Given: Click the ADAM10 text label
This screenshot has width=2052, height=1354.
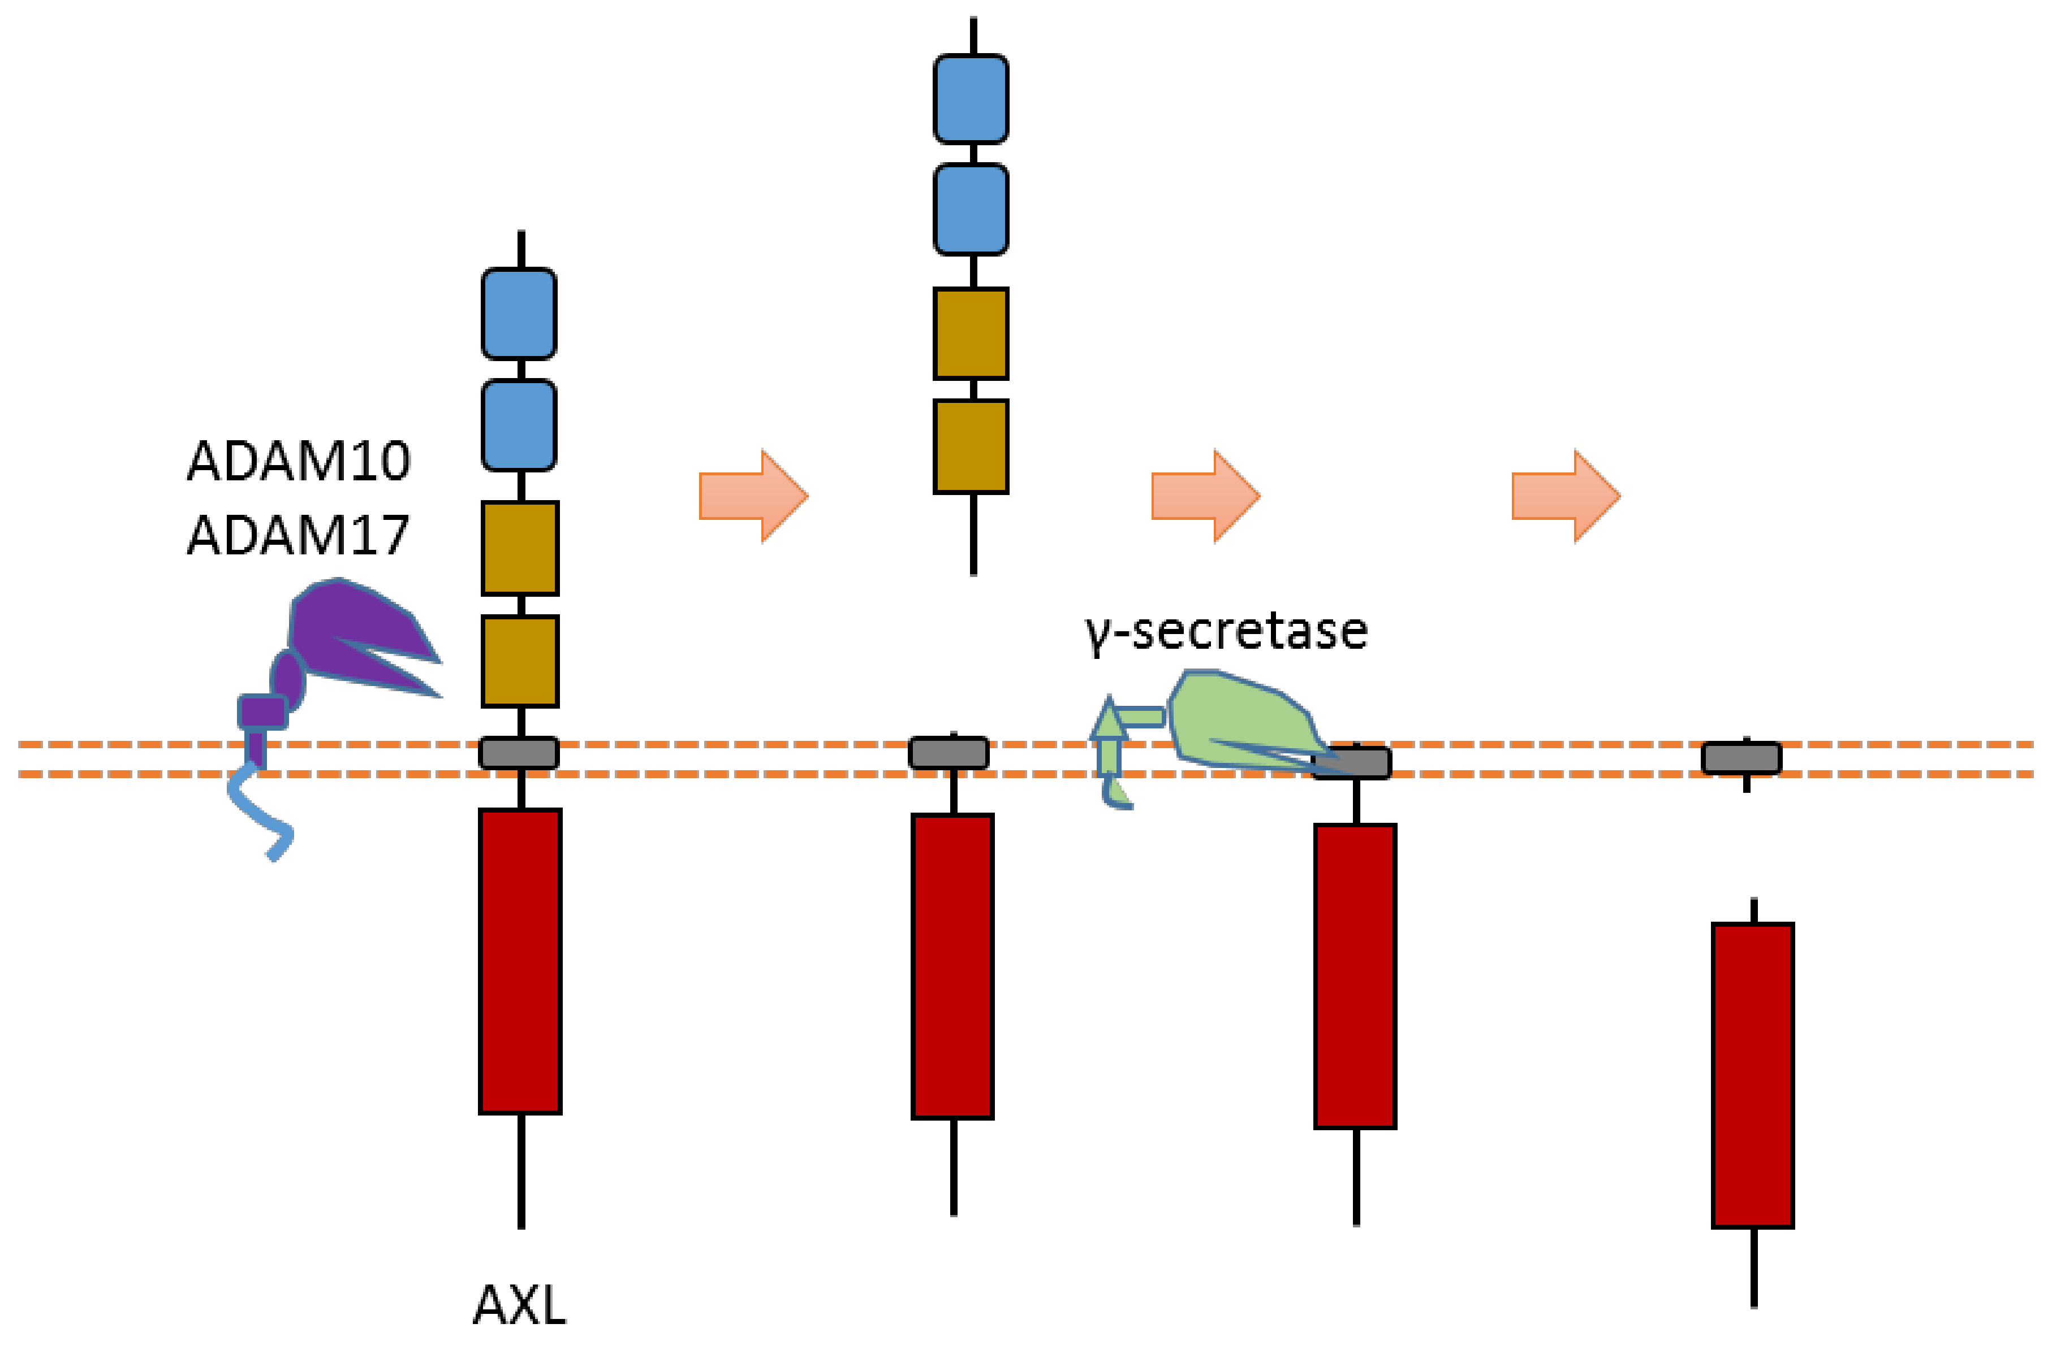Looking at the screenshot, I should click(298, 461).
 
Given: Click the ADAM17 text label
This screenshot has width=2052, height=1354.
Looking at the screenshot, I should click(298, 535).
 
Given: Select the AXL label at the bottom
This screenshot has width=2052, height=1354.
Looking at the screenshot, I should click(519, 1304).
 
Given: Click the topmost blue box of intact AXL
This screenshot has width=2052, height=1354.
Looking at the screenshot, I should click(519, 314).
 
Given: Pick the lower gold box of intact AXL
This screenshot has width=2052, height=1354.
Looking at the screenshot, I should click(519, 661).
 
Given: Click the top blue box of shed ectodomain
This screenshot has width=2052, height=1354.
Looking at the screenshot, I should click(970, 98).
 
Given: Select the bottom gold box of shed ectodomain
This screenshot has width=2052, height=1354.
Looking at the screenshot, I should click(970, 446).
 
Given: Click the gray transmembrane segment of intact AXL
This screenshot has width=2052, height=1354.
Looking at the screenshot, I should click(519, 753).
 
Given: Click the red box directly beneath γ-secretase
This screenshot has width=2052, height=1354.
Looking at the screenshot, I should click(1355, 976).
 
